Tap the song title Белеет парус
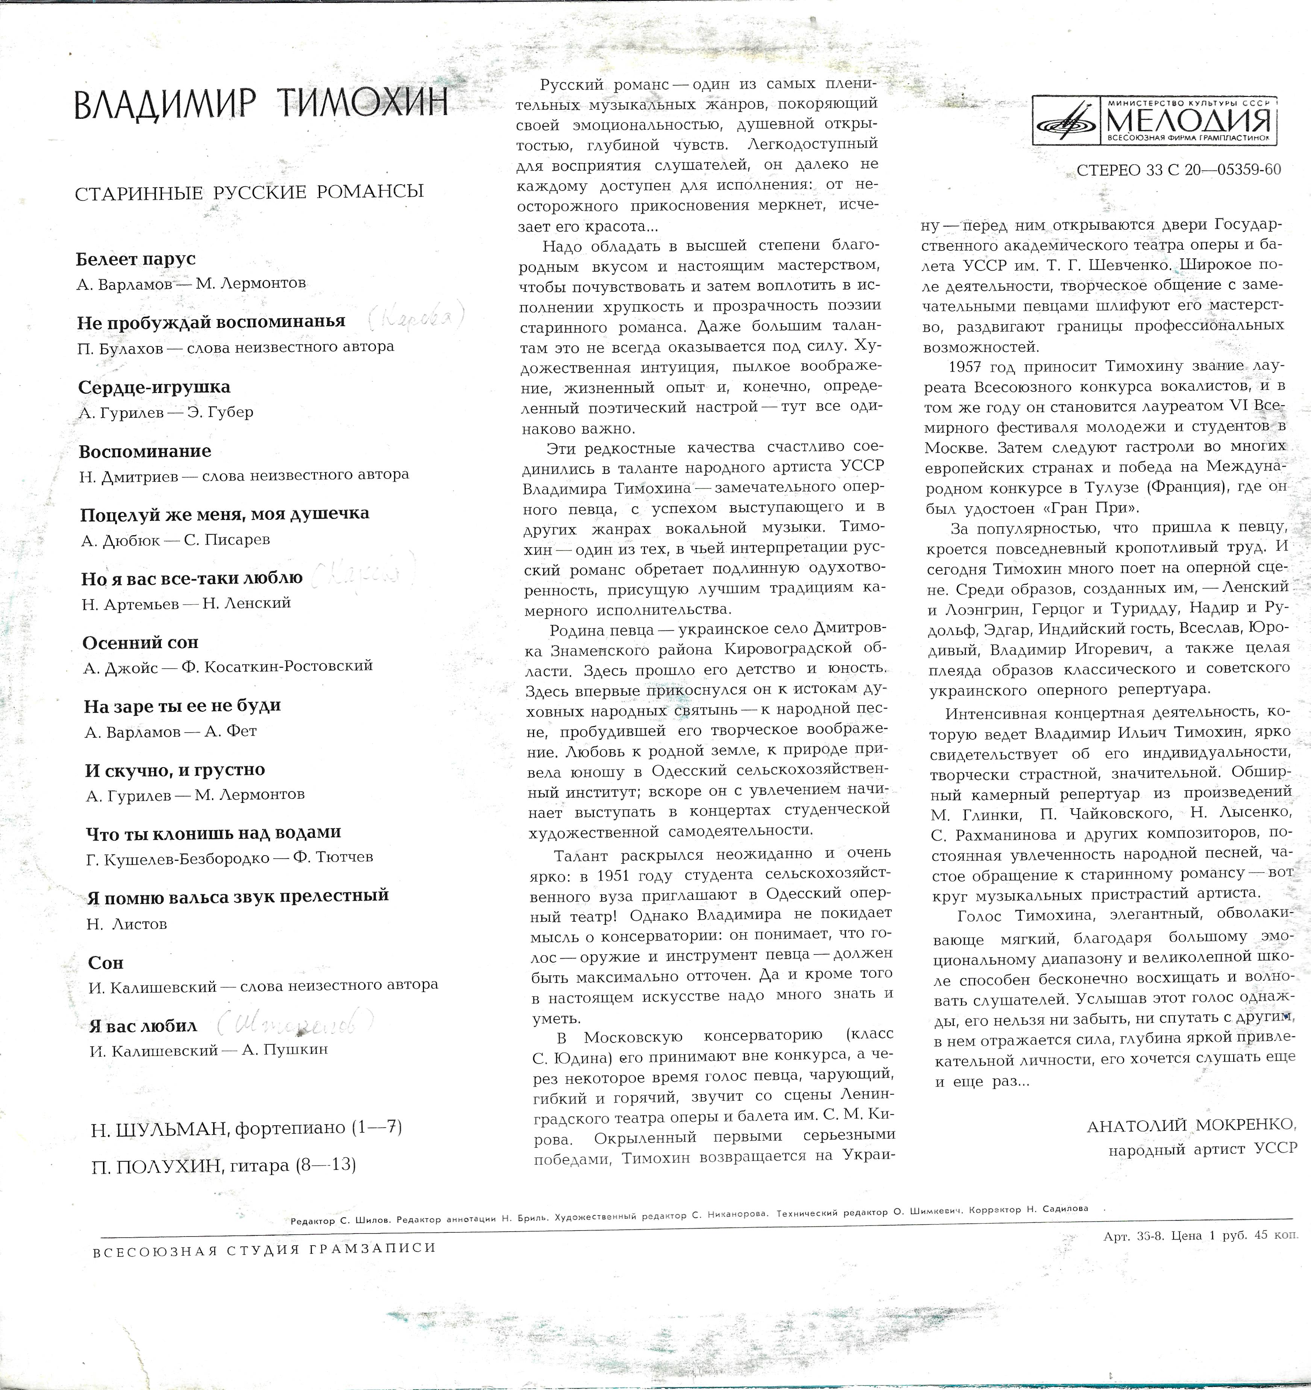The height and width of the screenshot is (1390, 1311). pyautogui.click(x=136, y=259)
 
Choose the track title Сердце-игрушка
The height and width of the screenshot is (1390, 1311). pyautogui.click(x=154, y=387)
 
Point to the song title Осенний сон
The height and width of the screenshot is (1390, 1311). pyautogui.click(x=140, y=642)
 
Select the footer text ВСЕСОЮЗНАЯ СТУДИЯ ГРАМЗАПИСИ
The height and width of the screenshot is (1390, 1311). pyautogui.click(x=264, y=1249)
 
